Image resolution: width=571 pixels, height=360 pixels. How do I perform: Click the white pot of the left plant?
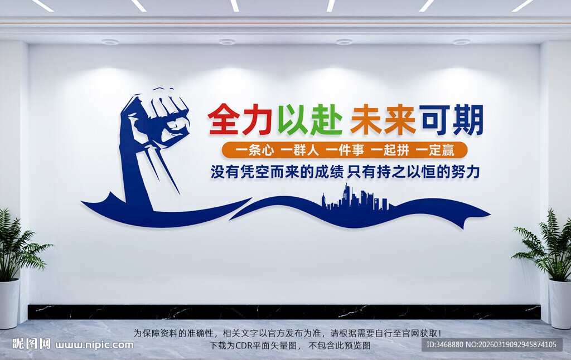pyautogui.click(x=9, y=303)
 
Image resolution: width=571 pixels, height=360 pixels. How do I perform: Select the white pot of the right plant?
pyautogui.click(x=560, y=303)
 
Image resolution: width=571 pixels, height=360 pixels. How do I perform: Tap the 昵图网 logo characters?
pyautogui.click(x=31, y=344)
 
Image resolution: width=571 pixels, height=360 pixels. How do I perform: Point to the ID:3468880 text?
pyautogui.click(x=446, y=344)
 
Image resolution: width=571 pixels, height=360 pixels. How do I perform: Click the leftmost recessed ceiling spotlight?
pyautogui.click(x=110, y=42)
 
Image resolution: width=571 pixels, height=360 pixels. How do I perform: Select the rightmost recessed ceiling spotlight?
pyautogui.click(x=461, y=42)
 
